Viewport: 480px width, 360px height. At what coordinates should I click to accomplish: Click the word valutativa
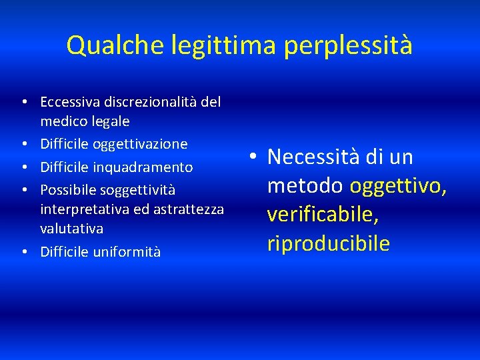[72, 229]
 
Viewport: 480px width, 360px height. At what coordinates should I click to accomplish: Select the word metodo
[305, 186]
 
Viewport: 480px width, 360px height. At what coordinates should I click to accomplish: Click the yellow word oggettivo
[398, 186]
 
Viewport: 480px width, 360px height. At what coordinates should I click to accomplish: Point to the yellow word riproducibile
[328, 243]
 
